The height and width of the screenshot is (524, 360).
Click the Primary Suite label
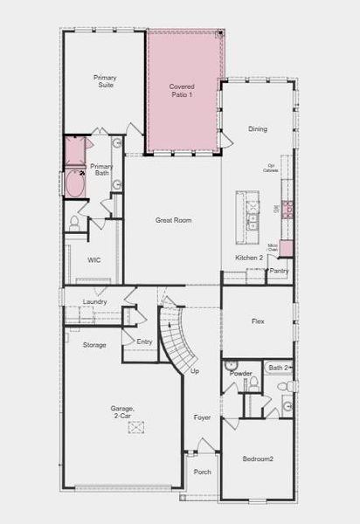[105, 81]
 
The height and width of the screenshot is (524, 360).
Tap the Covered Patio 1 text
[182, 90]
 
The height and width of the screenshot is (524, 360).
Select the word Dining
[258, 129]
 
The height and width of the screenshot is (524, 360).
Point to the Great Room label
[173, 220]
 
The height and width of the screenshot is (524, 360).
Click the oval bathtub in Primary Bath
[76, 184]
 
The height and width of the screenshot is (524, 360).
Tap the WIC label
[94, 259]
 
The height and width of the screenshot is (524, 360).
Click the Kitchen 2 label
[249, 258]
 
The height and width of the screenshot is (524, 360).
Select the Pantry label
[279, 271]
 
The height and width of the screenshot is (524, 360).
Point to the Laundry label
[94, 301]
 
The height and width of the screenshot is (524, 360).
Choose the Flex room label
[258, 321]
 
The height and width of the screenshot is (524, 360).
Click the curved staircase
[177, 341]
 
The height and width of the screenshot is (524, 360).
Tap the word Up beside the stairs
[194, 371]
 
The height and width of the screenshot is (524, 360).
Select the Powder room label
[240, 373]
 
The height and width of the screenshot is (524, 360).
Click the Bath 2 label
[279, 368]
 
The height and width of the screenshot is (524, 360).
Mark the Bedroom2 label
[258, 458]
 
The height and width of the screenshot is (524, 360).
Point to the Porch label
[203, 472]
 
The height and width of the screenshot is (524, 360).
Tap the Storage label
[94, 345]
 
